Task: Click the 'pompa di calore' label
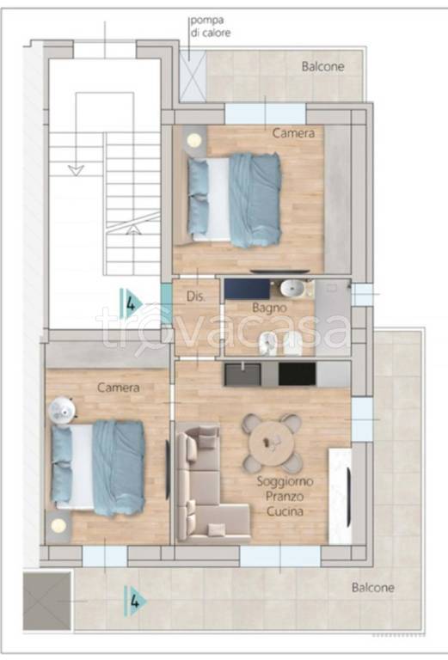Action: point(211,27)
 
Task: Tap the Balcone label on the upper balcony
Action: point(323,66)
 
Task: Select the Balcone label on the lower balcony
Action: point(373,587)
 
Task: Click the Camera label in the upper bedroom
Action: point(293,133)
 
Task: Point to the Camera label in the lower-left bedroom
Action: point(119,388)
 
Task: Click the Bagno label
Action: point(269,309)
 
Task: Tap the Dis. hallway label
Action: point(196,296)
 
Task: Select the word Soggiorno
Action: point(285,481)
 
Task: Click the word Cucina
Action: point(285,511)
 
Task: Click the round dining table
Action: point(272,443)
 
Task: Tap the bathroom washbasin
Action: point(294,289)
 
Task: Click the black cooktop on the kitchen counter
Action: point(297,374)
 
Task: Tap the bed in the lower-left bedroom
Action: point(99,467)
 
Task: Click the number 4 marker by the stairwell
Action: point(132,303)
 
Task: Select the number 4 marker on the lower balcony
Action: point(136,601)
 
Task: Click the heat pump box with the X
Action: point(193,76)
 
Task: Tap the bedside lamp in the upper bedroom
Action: point(194,140)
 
